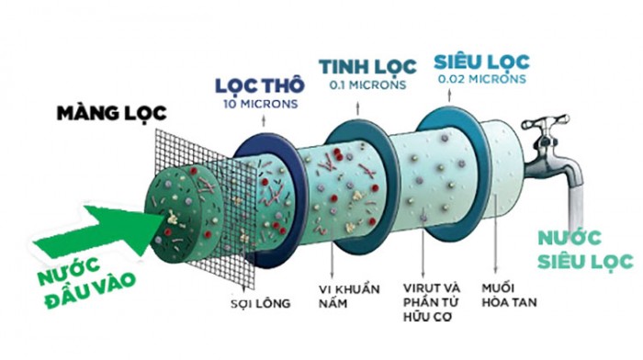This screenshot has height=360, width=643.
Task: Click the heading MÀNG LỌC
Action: (111, 114)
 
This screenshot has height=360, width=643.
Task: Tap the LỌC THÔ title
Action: (260, 85)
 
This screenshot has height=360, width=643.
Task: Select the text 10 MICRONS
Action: (261, 104)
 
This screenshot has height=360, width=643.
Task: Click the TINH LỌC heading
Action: (367, 67)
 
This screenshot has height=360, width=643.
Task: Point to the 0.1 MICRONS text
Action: (367, 84)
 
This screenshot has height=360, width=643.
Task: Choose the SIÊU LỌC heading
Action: (482, 62)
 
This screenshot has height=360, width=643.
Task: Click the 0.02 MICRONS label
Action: (482, 79)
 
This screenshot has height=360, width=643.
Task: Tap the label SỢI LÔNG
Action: (260, 304)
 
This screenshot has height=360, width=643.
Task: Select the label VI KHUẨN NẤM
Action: (349, 296)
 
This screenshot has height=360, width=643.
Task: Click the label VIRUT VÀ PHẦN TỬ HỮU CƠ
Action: (431, 302)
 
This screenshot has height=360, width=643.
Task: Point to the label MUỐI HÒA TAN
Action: (509, 295)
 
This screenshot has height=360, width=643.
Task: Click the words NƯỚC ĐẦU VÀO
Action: (85, 283)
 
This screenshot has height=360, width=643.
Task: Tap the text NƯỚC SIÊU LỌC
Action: (586, 250)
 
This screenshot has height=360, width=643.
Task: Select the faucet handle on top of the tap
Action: (546, 122)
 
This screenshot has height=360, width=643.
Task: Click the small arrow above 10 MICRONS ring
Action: (264, 120)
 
